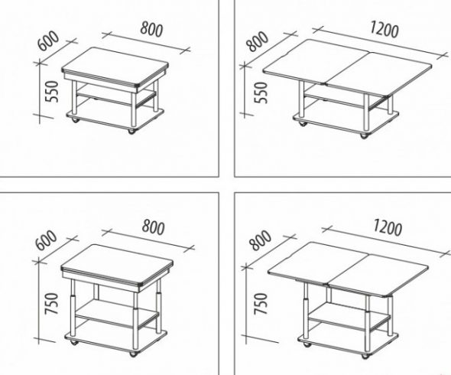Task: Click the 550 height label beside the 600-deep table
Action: point(52,92)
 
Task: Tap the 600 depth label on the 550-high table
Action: point(48,41)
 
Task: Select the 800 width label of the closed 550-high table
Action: point(151,29)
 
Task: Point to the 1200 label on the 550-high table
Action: point(384,29)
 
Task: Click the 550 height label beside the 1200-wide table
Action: point(261,93)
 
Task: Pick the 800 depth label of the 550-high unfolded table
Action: point(258,41)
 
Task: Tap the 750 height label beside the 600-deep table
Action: point(52,304)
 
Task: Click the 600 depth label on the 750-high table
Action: point(46,240)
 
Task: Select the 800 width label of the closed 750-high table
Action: point(154,227)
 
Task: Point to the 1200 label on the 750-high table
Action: point(387,227)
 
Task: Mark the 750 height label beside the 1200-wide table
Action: point(261,304)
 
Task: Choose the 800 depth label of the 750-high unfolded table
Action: point(261,240)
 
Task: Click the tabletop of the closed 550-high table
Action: point(115,67)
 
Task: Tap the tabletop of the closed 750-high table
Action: point(117,264)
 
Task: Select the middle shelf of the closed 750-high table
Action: point(116,313)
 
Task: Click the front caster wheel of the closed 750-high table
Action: point(133,354)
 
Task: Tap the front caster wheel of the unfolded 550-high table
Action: point(364,136)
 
